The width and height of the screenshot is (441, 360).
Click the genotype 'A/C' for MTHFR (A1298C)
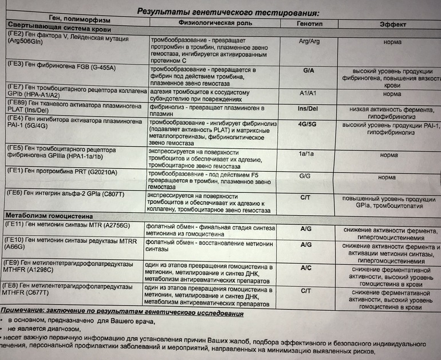[x=306, y=267]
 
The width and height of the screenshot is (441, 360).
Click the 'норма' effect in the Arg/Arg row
[x=392, y=42]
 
